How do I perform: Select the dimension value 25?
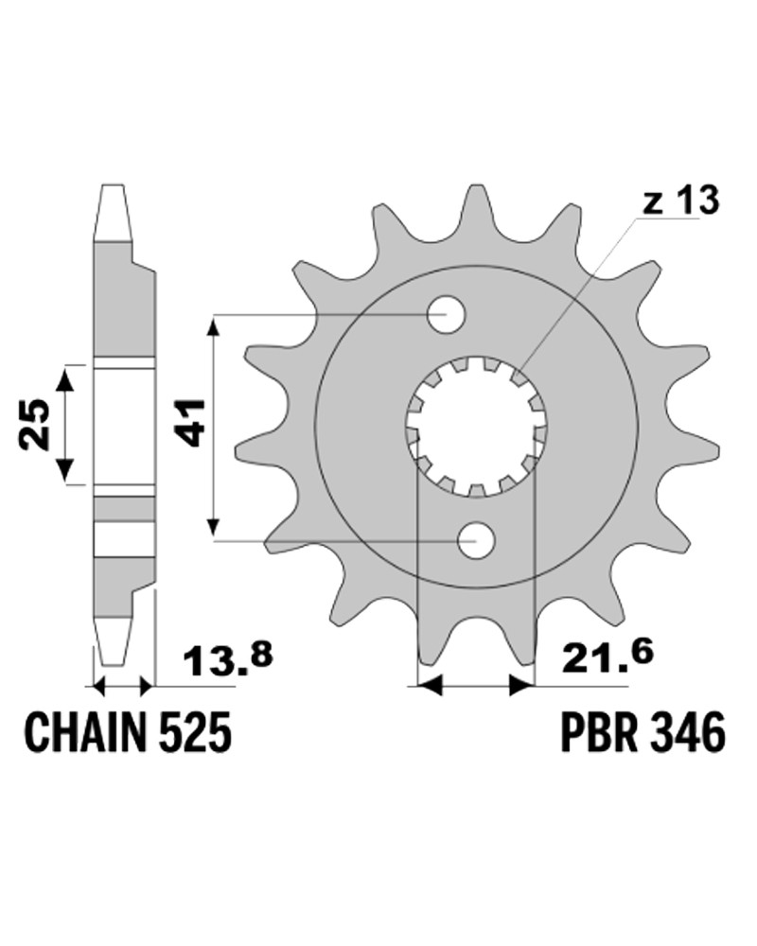34,424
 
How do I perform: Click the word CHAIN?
84,732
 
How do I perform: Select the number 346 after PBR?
686,732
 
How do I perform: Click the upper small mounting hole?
446,314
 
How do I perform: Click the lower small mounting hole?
476,540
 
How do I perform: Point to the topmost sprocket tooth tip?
474,188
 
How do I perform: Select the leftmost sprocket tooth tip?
235,447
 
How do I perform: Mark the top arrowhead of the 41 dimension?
213,330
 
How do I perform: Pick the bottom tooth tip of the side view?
113,664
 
